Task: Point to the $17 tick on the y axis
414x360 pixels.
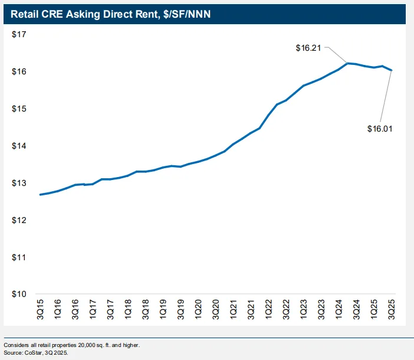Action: pos(19,35)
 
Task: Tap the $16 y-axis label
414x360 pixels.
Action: pos(19,72)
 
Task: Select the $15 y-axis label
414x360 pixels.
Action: pos(19,109)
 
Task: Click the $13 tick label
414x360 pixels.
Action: pos(19,184)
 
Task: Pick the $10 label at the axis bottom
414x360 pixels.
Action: pos(19,294)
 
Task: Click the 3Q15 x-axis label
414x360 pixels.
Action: pos(40,310)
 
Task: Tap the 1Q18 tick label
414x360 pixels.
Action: pos(128,310)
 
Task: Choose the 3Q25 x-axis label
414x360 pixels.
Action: pos(392,310)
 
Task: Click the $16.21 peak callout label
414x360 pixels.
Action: pos(308,48)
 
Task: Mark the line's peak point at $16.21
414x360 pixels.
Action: pos(347,63)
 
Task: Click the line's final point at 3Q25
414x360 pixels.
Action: pos(392,70)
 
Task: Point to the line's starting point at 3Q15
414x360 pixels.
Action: pos(40,195)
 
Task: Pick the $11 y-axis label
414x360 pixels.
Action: pos(19,258)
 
